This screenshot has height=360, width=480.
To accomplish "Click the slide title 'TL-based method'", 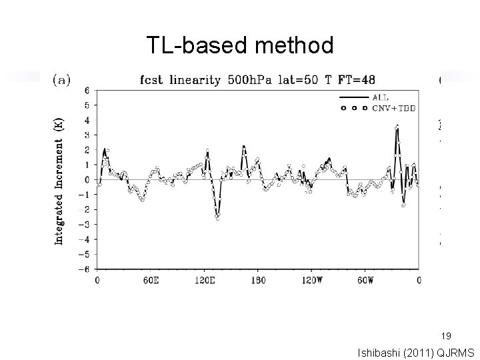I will click(x=240, y=46).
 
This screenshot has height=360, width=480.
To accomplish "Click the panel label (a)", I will click(x=63, y=80).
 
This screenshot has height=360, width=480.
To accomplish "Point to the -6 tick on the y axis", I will click(x=86, y=269).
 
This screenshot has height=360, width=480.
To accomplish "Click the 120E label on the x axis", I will click(x=203, y=281).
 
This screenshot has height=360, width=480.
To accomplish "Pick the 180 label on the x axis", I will click(x=258, y=281).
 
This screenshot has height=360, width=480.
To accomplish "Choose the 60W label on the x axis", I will click(x=365, y=281).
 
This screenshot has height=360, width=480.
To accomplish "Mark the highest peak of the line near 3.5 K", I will click(x=397, y=126).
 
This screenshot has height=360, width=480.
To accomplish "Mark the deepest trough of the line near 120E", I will click(x=217, y=218).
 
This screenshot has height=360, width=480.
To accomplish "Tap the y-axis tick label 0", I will click(x=87, y=180).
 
